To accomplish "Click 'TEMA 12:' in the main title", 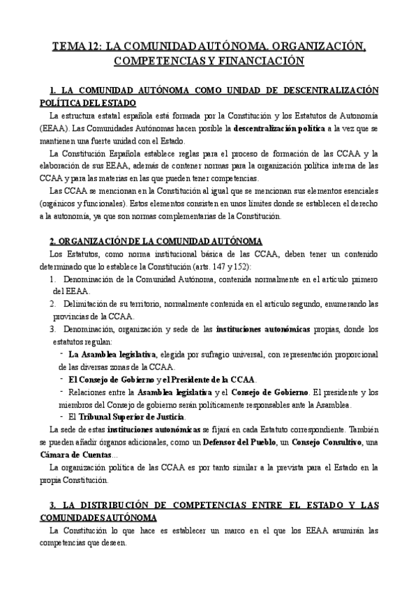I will (77, 47).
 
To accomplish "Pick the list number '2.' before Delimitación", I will (54, 304).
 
